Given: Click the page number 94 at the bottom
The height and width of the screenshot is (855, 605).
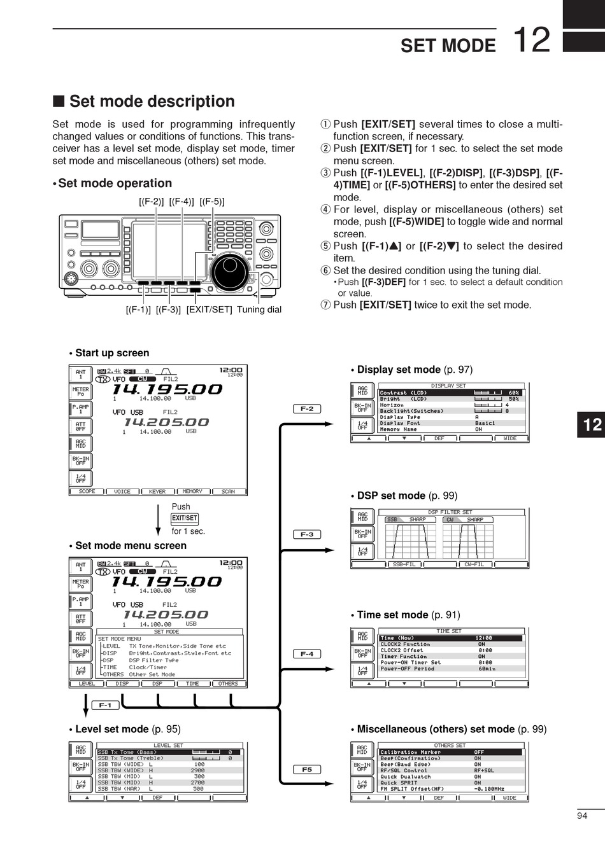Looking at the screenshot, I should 581,816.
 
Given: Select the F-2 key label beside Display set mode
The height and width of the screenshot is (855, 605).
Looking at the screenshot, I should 307,409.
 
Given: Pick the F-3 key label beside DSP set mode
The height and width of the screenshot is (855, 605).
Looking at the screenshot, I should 307,534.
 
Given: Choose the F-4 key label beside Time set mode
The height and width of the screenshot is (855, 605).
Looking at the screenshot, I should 307,654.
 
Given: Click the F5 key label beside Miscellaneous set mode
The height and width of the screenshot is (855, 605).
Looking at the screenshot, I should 307,769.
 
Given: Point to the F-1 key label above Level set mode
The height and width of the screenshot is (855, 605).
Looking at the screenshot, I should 105,705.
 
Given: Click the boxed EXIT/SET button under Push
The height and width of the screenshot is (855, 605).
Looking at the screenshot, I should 185,518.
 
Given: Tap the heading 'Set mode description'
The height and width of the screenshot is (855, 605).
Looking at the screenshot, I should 152,102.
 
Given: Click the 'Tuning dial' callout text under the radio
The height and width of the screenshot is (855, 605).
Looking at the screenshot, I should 259,310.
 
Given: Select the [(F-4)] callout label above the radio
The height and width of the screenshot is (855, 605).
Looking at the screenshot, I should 181,202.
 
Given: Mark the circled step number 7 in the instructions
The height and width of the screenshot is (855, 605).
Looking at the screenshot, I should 325,305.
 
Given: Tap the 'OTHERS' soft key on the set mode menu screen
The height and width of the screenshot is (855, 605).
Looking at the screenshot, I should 228,684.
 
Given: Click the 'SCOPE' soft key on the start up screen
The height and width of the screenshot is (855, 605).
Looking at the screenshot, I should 87,492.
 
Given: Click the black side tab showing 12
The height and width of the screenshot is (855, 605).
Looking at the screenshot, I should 592,424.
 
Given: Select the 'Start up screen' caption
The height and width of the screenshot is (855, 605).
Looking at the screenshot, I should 112,353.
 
